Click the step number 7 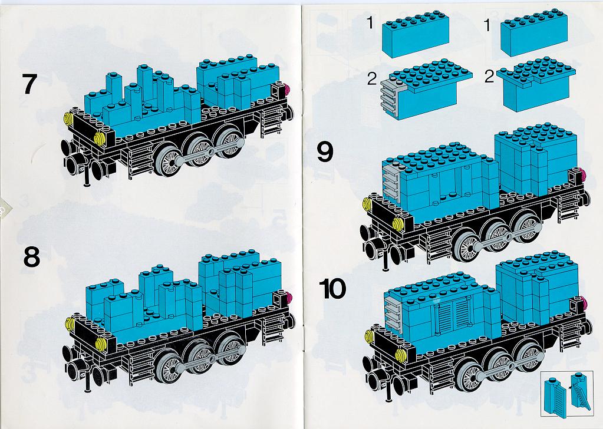pyautogui.click(x=30, y=84)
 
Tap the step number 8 pyautogui.click(x=31, y=256)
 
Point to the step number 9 pyautogui.click(x=325, y=152)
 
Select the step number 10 pyautogui.click(x=332, y=289)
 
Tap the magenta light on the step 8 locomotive pyautogui.click(x=288, y=297)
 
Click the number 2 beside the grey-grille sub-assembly pyautogui.click(x=372, y=78)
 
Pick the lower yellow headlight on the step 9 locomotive pyautogui.click(x=398, y=223)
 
